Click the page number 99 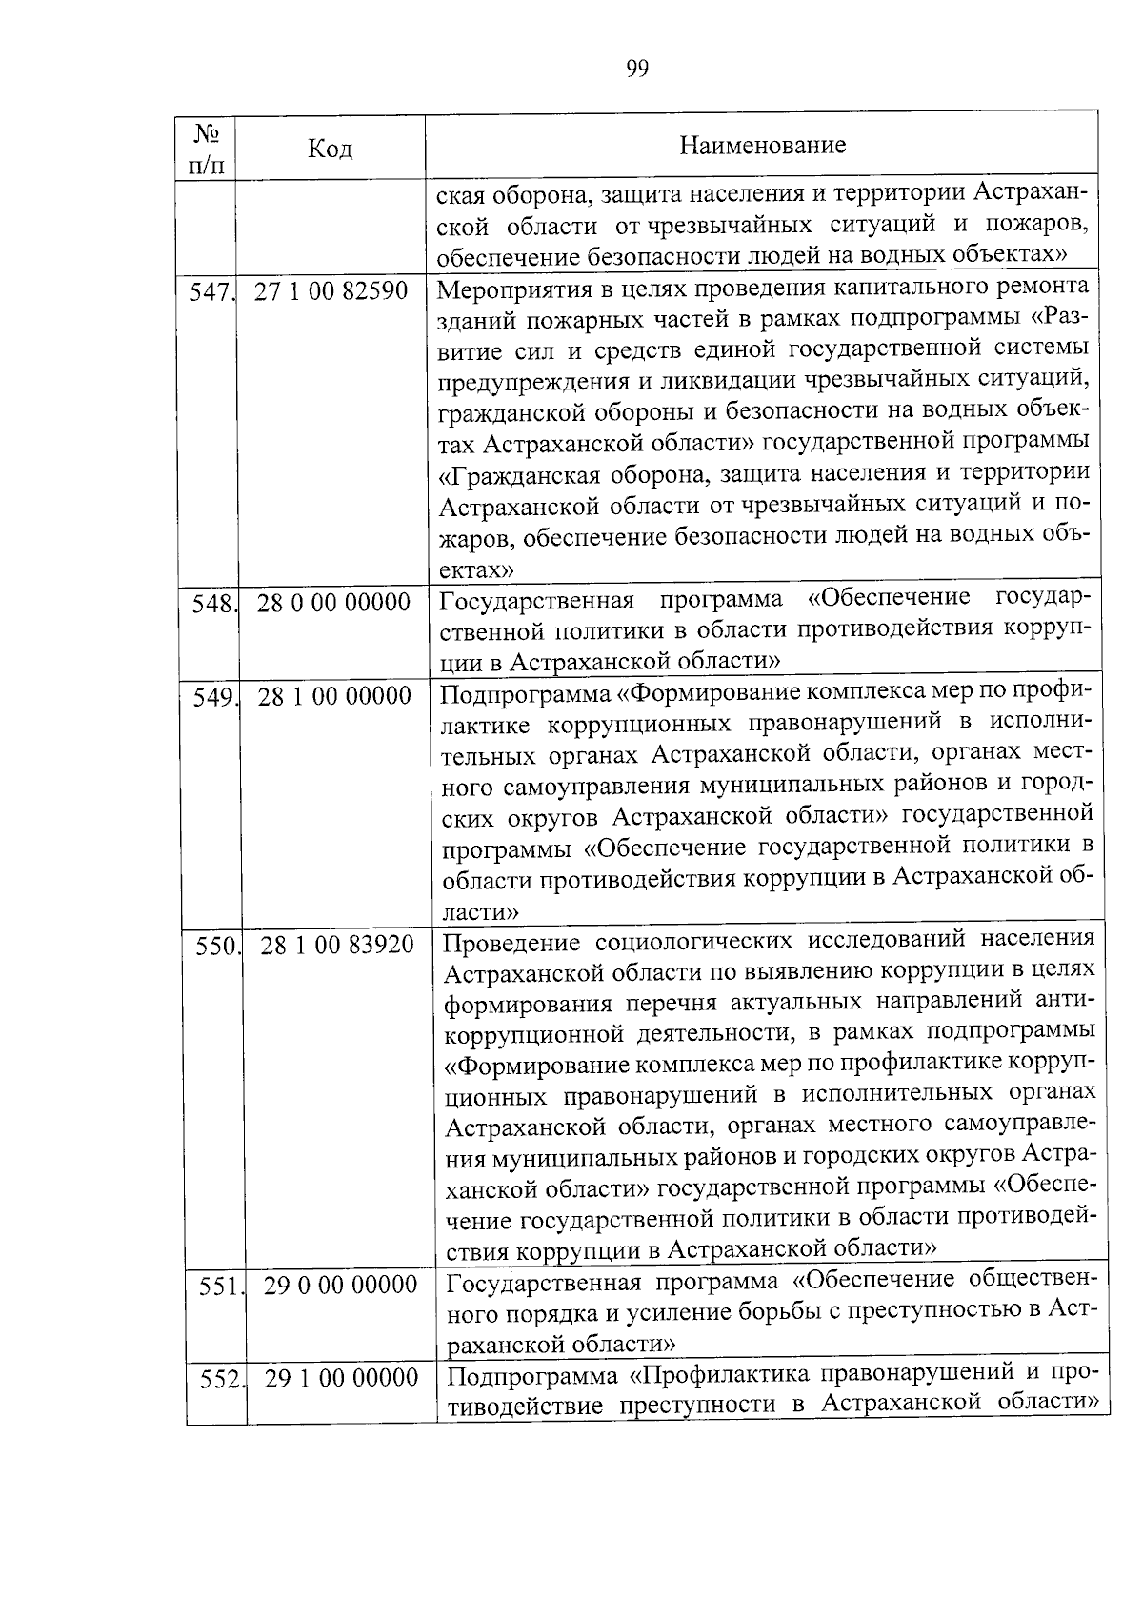(637, 69)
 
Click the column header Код (331, 149)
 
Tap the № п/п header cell (206, 148)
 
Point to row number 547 (211, 292)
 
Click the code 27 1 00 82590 (331, 290)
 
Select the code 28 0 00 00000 (333, 602)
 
